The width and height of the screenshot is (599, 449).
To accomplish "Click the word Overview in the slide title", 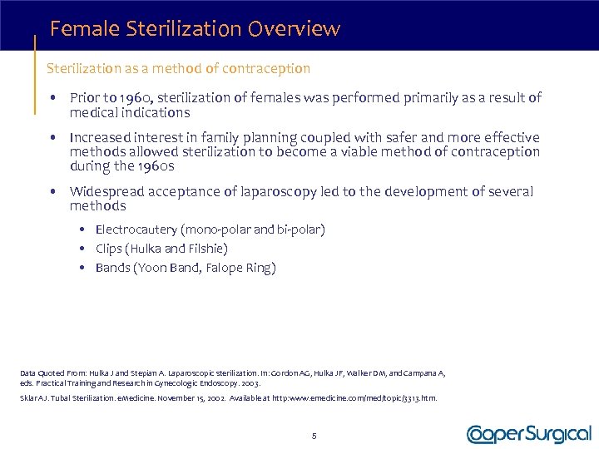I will pyautogui.click(x=300, y=29).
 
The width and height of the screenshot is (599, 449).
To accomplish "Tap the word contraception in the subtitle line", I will pyautogui.click(x=266, y=68).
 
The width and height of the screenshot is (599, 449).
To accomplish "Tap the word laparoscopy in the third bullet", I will pyautogui.click(x=276, y=192).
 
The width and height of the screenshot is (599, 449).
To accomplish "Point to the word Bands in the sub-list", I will pyautogui.click(x=112, y=268).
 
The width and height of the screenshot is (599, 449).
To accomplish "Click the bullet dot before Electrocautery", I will pyautogui.click(x=85, y=229).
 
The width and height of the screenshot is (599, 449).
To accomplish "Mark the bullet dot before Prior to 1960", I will pyautogui.click(x=53, y=98).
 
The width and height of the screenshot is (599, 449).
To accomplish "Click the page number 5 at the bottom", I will pyautogui.click(x=313, y=435).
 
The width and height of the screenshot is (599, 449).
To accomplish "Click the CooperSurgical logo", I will pyautogui.click(x=528, y=434).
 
